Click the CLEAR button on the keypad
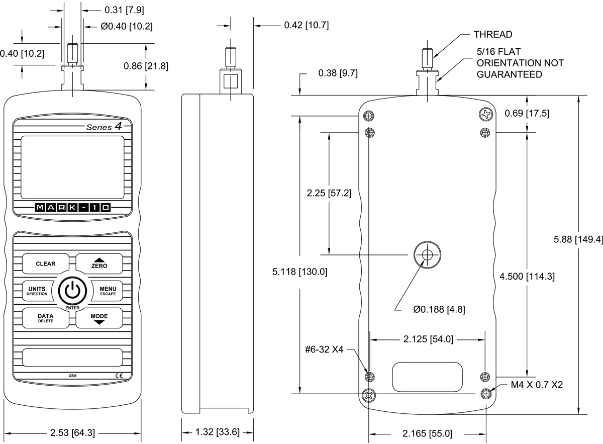[x=45, y=263]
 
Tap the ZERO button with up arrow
[x=99, y=263]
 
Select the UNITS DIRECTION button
[x=37, y=291]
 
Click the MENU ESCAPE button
[x=108, y=291]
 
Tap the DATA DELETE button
[x=45, y=318]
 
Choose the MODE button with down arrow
[x=99, y=318]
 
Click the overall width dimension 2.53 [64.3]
[x=73, y=432]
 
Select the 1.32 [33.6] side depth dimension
[x=218, y=432]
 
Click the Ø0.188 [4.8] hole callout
[x=439, y=310]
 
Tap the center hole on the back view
[x=427, y=255]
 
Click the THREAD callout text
[x=493, y=35]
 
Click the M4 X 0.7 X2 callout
[x=537, y=385]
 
